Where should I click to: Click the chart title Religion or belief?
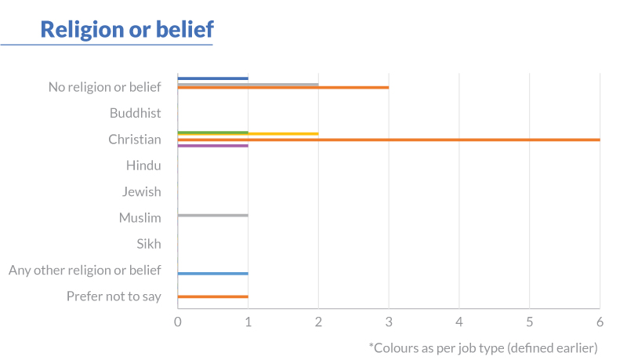coord(127,29)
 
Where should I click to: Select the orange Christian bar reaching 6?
coord(389,140)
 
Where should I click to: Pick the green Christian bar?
coord(213,133)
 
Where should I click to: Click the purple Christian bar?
coord(213,146)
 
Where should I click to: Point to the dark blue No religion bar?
coord(213,78)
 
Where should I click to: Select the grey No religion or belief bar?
coord(248,84)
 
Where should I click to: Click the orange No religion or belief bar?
coord(283,88)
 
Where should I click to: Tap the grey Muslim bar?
coord(213,215)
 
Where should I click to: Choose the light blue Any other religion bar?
coord(213,274)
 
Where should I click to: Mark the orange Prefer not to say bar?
coord(213,296)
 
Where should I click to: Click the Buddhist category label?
coord(136,113)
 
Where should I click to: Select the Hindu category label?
coord(143,165)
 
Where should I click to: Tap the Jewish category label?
coord(142,191)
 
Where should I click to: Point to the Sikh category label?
coord(149,244)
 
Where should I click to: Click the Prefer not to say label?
coord(114,296)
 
